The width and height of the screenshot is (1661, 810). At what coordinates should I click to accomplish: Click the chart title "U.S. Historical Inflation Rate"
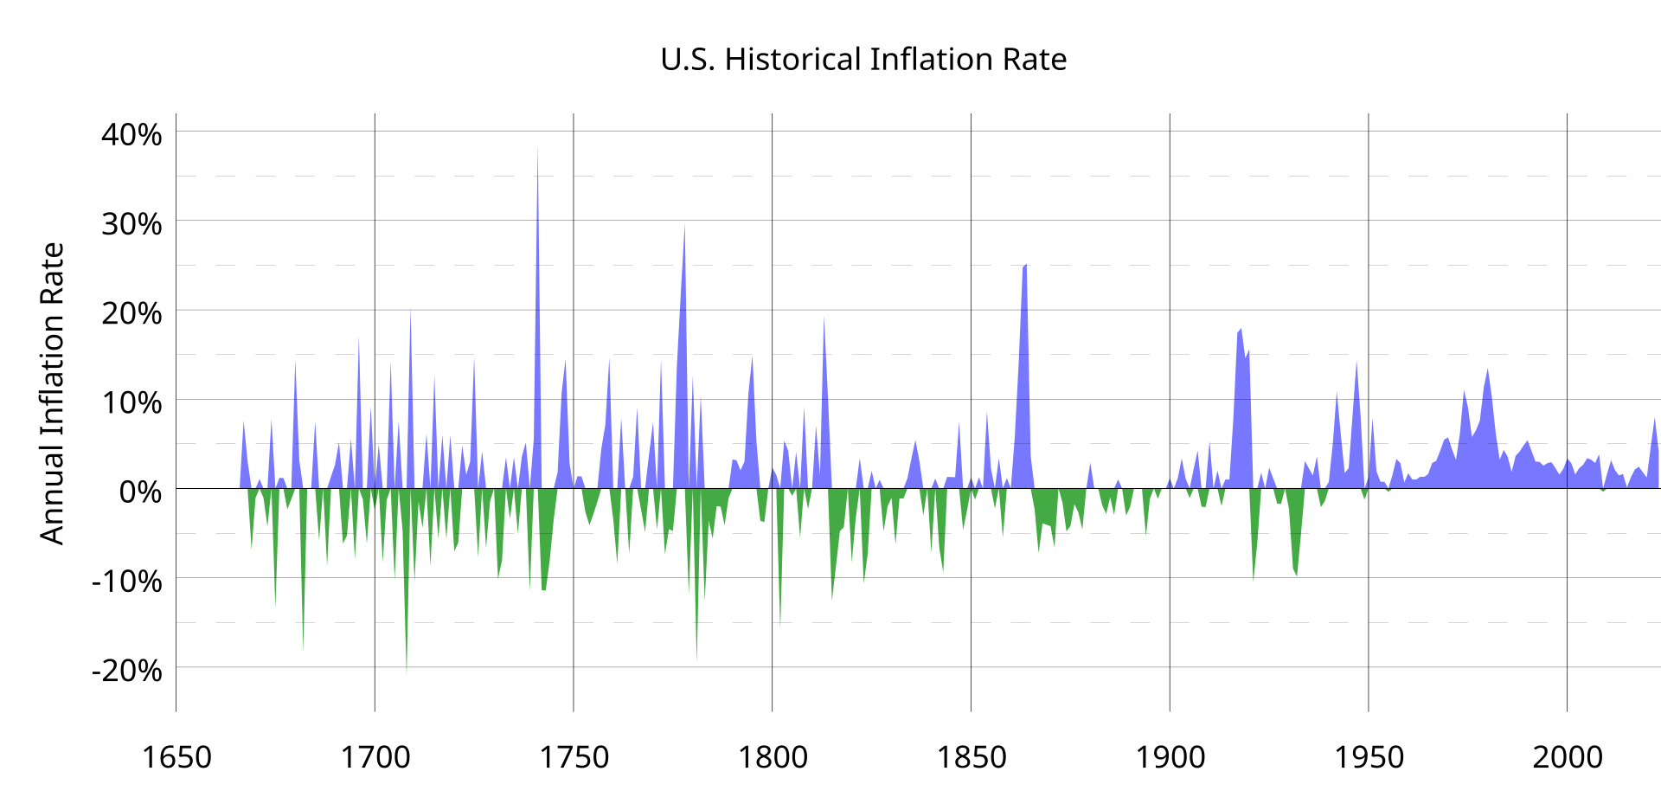click(x=863, y=60)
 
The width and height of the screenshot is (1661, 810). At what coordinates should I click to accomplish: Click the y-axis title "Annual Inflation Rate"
click(x=53, y=394)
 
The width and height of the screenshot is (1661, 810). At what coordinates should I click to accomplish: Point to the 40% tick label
click(x=131, y=135)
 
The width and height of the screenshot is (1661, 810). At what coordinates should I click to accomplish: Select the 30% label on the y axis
click(x=131, y=224)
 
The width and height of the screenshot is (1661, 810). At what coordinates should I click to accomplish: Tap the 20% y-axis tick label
click(x=131, y=313)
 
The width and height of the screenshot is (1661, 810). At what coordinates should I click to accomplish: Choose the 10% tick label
click(x=131, y=402)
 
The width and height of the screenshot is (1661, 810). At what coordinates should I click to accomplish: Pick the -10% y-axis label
click(x=126, y=581)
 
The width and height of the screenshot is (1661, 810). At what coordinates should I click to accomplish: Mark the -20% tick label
click(x=126, y=670)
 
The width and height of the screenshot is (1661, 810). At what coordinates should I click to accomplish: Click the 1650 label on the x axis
click(x=176, y=757)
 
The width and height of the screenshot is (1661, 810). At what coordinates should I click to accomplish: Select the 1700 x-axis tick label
click(x=375, y=757)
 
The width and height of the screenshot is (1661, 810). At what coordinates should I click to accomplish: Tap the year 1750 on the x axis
click(x=574, y=757)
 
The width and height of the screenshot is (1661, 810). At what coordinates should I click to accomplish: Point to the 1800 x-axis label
click(x=773, y=757)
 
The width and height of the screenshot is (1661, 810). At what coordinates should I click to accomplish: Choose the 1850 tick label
click(x=972, y=757)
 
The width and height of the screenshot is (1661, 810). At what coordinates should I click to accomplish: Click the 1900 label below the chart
click(x=1170, y=757)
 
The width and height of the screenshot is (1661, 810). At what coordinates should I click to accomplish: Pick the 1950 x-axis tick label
click(x=1369, y=757)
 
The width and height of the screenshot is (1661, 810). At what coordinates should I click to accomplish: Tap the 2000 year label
click(x=1568, y=757)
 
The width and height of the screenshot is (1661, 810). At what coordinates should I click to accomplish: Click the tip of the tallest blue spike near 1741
click(x=537, y=147)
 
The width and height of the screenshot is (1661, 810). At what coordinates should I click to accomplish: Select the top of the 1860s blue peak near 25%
click(x=1025, y=266)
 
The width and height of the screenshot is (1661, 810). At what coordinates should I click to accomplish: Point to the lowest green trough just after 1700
click(x=407, y=672)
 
